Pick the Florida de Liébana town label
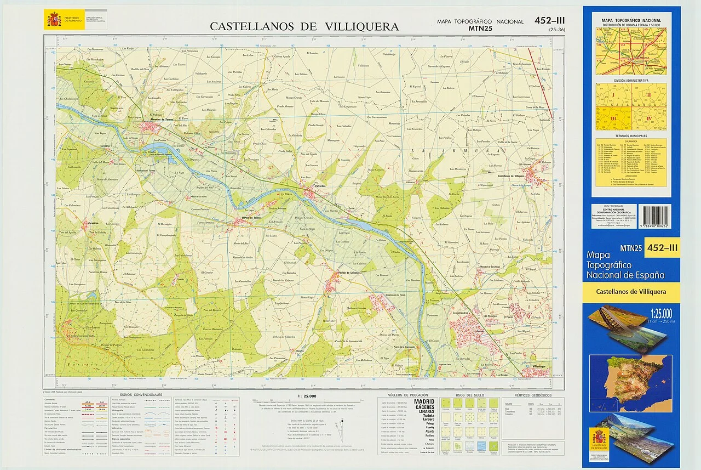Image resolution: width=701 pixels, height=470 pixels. [x=348, y=273]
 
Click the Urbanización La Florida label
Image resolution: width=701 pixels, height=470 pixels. [x=398, y=295]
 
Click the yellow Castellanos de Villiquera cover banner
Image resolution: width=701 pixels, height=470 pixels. [x=631, y=292]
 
